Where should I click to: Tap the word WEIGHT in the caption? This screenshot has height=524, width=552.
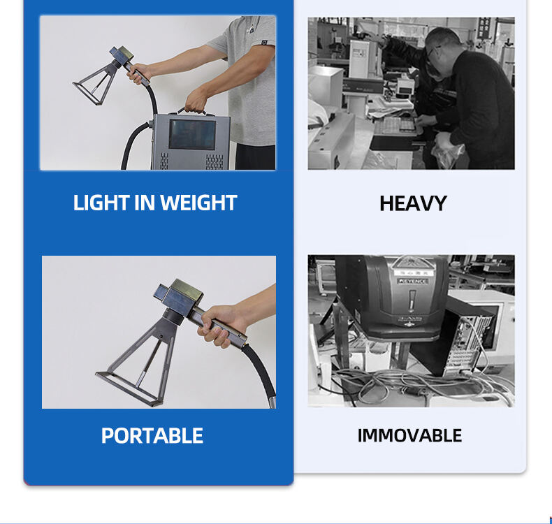tap(198, 203)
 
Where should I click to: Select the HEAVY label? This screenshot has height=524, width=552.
tap(413, 203)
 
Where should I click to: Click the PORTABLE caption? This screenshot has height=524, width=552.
tap(152, 436)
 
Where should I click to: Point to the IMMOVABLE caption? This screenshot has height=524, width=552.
tap(409, 436)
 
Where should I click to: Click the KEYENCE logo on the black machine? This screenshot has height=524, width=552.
tap(413, 281)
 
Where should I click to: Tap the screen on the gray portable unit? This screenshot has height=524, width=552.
tap(192, 134)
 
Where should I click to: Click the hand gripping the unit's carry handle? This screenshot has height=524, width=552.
tap(196, 101)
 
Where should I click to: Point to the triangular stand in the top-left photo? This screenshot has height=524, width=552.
tap(95, 85)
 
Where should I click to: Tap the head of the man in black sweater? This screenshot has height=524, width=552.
tap(441, 48)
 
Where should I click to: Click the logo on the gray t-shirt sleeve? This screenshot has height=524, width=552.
tap(264, 43)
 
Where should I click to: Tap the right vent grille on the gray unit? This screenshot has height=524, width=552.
tap(215, 161)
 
